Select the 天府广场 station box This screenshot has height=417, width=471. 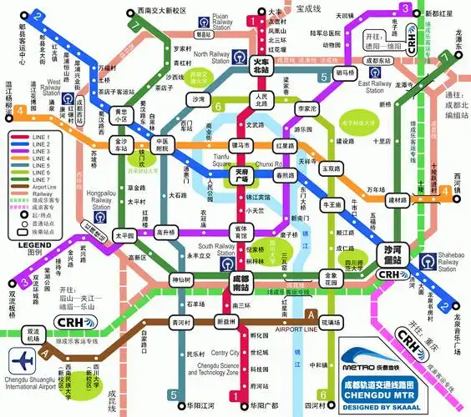(x=242, y=175)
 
